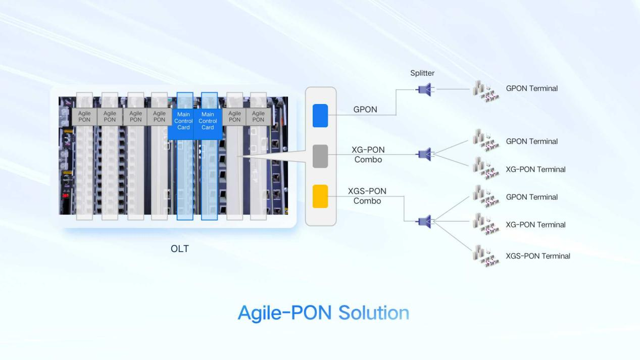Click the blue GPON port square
[x=320, y=116]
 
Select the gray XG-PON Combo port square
[x=320, y=156]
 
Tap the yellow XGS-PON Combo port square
[x=320, y=196]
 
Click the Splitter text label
[x=422, y=73]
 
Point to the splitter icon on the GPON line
[x=424, y=89]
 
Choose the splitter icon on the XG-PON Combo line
[x=424, y=154]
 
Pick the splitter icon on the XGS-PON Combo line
[x=424, y=221]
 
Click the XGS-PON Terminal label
[x=538, y=256]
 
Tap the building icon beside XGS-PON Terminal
[x=486, y=256]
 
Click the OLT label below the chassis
[x=180, y=248]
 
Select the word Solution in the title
[x=374, y=313]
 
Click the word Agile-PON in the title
[x=284, y=313]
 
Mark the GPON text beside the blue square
[x=365, y=110]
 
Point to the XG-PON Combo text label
[x=368, y=155]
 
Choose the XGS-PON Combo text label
[x=367, y=196]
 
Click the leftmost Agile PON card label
[x=84, y=117]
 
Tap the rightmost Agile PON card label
[x=258, y=117]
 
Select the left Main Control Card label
[x=183, y=121]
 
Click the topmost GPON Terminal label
[x=532, y=88]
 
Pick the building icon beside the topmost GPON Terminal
[x=486, y=91]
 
